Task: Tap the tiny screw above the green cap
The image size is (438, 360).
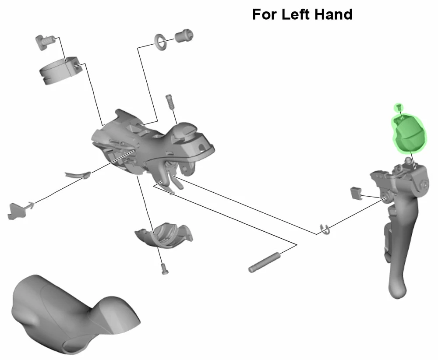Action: tap(399, 106)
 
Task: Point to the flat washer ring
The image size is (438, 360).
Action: tap(160, 42)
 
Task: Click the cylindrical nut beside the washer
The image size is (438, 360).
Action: tap(184, 35)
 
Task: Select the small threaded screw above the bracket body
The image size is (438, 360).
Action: tap(170, 102)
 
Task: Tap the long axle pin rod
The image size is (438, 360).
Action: tap(264, 262)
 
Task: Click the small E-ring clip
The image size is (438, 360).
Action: tap(325, 229)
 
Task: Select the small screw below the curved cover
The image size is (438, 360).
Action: tap(165, 269)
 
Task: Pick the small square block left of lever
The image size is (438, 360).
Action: tap(355, 193)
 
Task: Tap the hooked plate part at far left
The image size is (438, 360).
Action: tap(18, 210)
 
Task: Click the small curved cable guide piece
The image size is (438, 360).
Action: tap(78, 176)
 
